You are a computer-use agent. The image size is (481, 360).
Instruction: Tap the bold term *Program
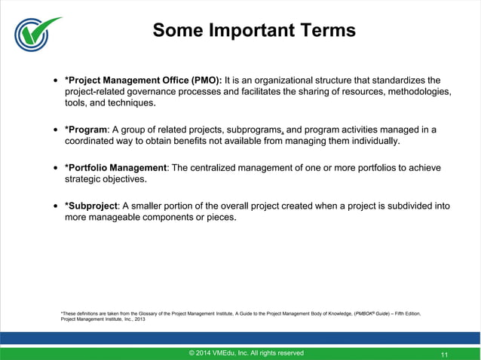point(86,130)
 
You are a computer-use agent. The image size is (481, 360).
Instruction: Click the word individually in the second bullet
point(369,142)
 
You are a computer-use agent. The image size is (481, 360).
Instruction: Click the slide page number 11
point(444,353)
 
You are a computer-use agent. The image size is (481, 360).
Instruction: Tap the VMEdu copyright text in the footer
point(247,352)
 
